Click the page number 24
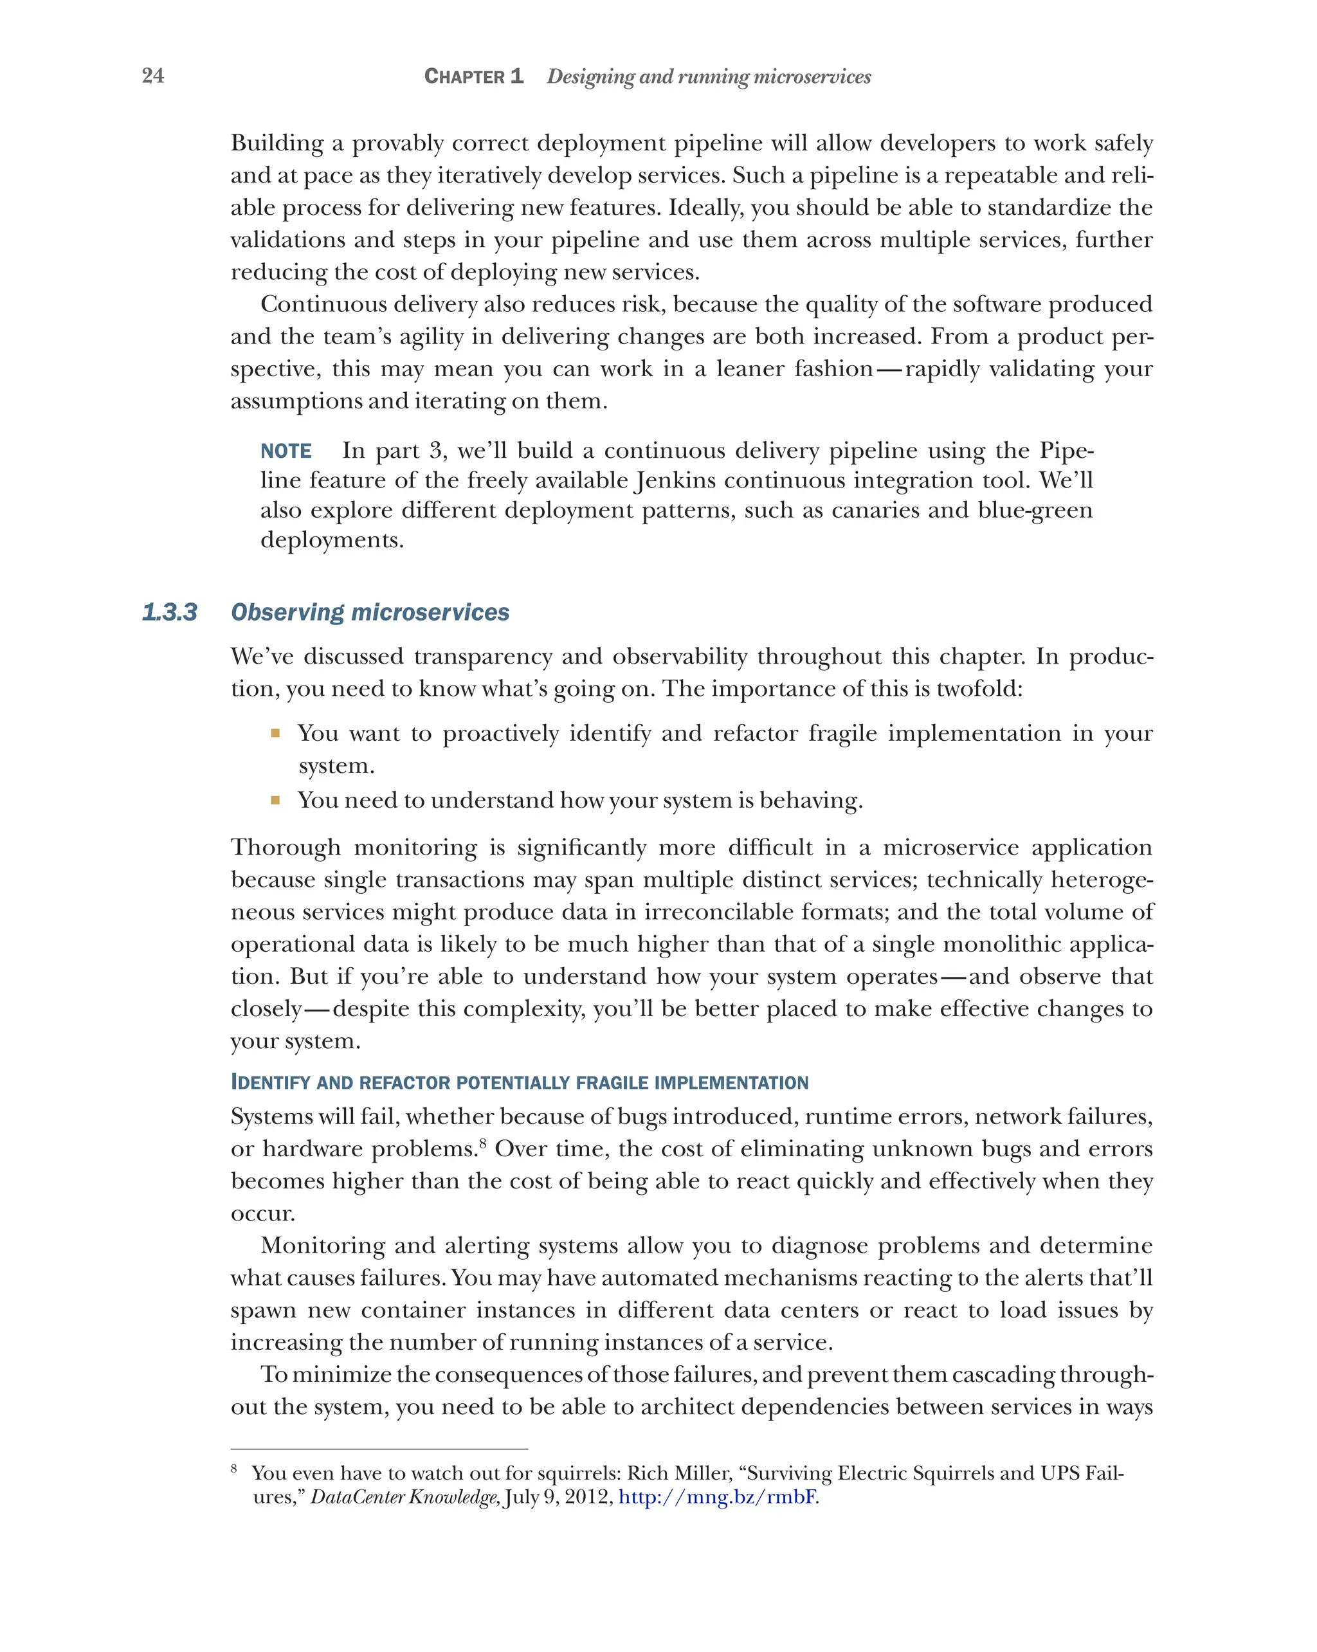[x=152, y=75]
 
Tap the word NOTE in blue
[x=286, y=451]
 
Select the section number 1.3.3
[x=169, y=612]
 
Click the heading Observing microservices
[x=369, y=612]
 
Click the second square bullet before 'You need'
[x=275, y=801]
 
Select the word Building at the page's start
[x=277, y=143]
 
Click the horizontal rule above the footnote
[x=379, y=1449]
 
